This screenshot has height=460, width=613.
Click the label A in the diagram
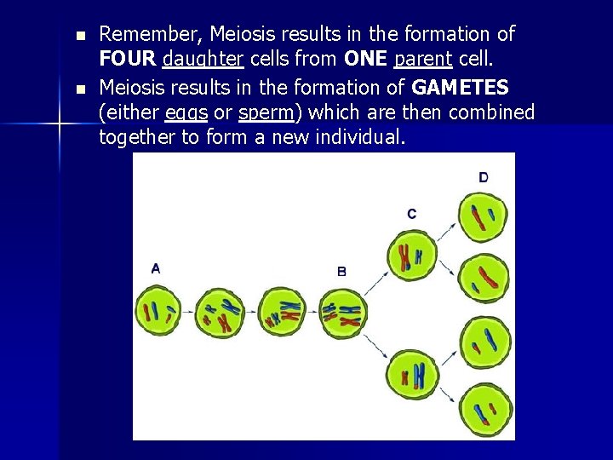155,268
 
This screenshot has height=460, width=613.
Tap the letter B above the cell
341,272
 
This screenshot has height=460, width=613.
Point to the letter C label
412,214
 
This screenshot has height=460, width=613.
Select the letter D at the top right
484,177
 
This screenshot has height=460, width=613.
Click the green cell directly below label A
158,313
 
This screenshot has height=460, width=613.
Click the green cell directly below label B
343,313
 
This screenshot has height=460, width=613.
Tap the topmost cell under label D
483,217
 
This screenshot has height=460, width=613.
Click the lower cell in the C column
413,376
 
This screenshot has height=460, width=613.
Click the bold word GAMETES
460,88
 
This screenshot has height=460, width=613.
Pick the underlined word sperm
266,113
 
